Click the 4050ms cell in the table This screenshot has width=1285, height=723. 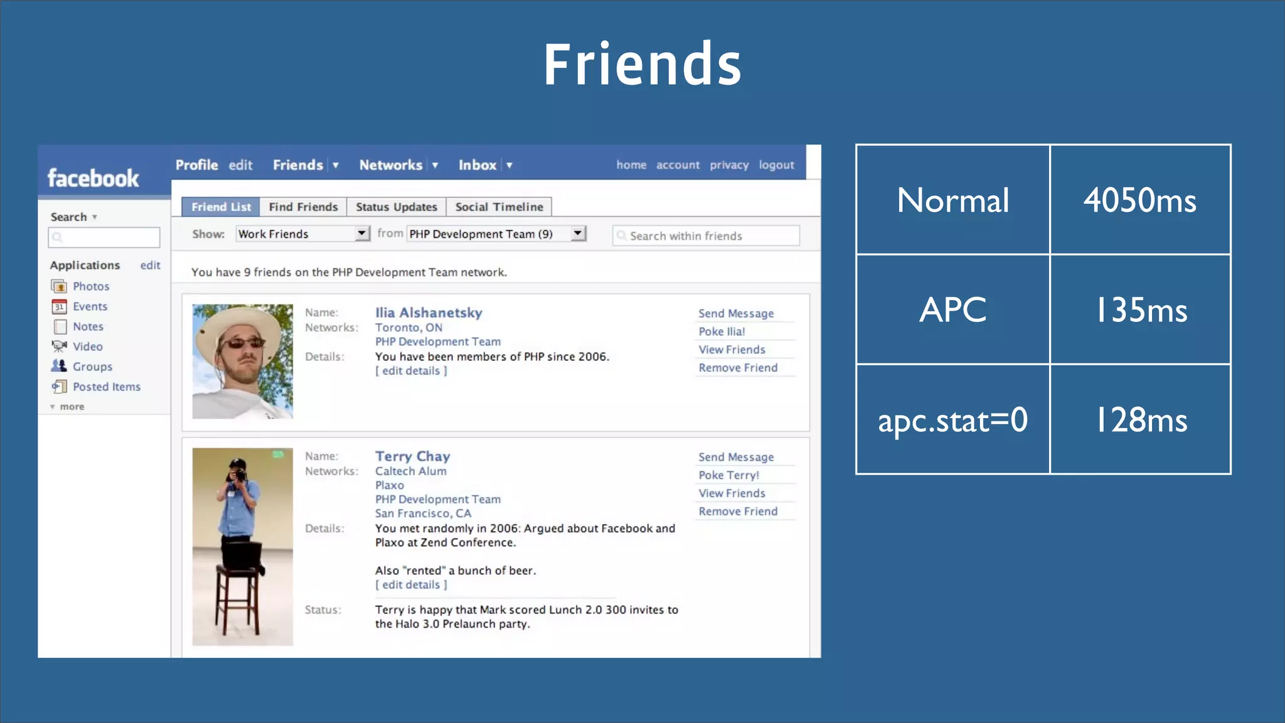pyautogui.click(x=1139, y=200)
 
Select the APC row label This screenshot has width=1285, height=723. pyautogui.click(x=952, y=309)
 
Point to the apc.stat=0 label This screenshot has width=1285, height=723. pyautogui.click(x=952, y=419)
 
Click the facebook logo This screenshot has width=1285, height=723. pyautogui.click(x=93, y=178)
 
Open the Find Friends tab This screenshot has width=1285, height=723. pyautogui.click(x=303, y=206)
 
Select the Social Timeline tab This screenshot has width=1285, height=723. pyautogui.click(x=499, y=206)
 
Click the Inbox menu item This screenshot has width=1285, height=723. pyautogui.click(x=477, y=165)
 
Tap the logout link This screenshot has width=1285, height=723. pyautogui.click(x=776, y=165)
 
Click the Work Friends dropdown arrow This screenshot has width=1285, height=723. pyautogui.click(x=362, y=233)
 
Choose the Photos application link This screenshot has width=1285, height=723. pyautogui.click(x=91, y=286)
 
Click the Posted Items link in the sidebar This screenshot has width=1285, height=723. pyautogui.click(x=107, y=387)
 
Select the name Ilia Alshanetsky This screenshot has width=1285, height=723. pyautogui.click(x=429, y=313)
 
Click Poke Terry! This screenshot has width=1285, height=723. pyautogui.click(x=728, y=475)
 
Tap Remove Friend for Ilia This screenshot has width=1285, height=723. pyautogui.click(x=738, y=368)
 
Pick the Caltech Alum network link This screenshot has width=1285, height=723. pyautogui.click(x=410, y=471)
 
